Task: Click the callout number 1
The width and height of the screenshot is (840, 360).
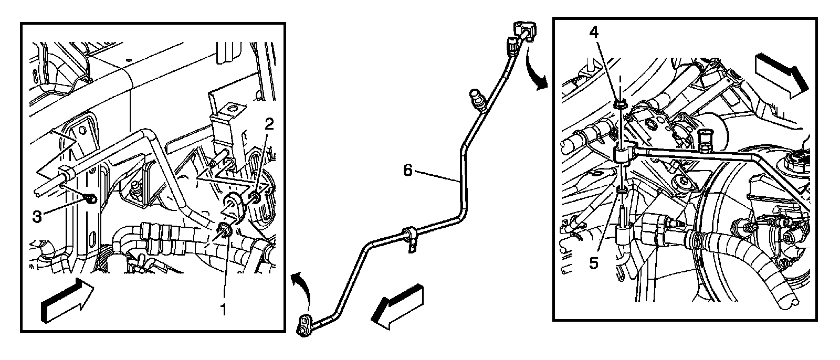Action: point(223,310)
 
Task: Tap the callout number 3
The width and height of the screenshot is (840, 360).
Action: point(36,217)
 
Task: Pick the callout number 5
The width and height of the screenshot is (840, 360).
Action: point(594,262)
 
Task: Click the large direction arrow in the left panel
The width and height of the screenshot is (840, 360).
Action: point(67,301)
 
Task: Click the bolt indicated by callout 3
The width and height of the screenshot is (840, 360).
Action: point(90,198)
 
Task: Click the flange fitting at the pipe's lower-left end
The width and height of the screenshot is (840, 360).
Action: point(306,325)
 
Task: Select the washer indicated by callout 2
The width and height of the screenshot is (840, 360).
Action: point(256,197)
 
